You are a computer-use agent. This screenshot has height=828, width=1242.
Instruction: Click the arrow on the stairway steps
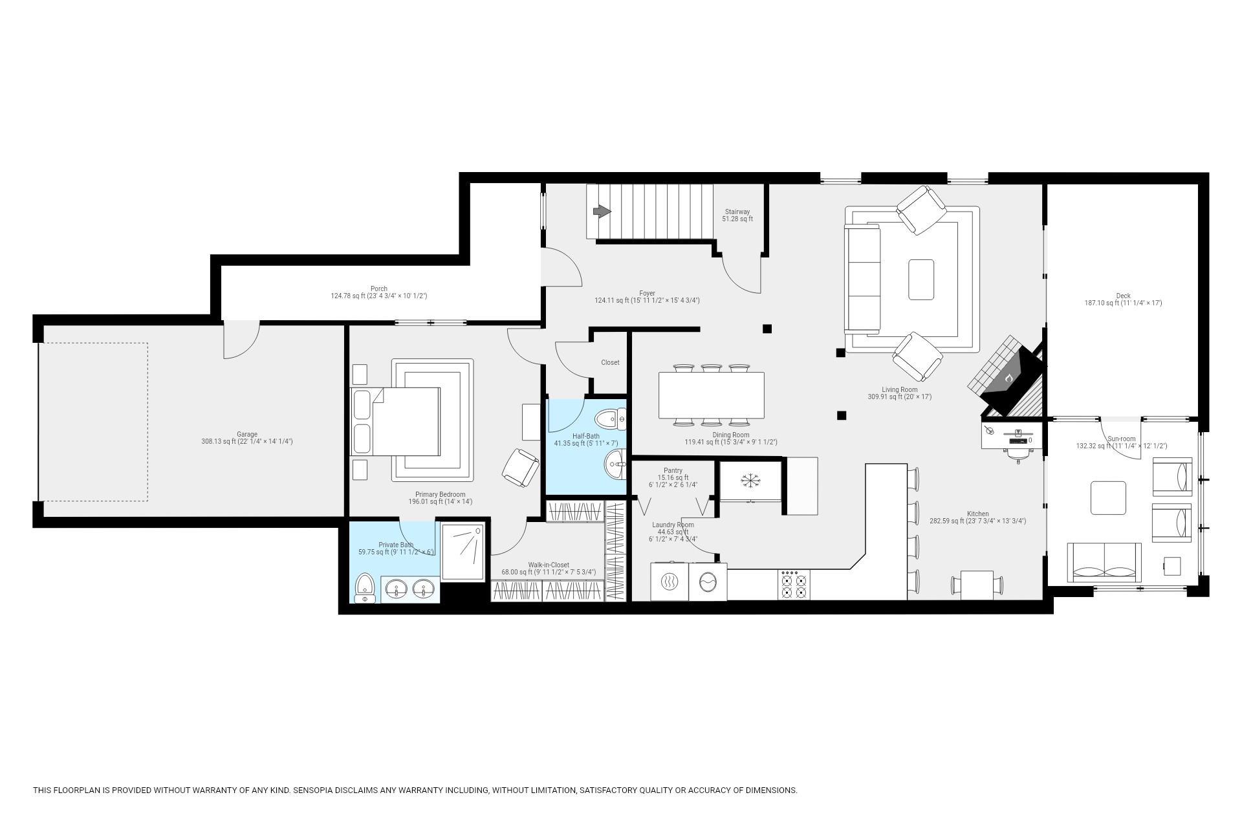(602, 211)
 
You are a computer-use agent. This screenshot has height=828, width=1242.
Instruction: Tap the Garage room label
(246, 435)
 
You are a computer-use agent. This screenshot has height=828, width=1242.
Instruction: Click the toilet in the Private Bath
(365, 587)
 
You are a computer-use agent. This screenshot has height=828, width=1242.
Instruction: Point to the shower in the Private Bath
(463, 552)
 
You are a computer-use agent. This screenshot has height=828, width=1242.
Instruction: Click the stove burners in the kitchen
(793, 585)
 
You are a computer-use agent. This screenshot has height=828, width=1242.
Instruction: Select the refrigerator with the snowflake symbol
(750, 480)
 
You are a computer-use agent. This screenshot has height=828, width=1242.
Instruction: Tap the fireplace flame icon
(1009, 377)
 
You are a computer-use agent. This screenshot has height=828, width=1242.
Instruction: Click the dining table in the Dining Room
(712, 395)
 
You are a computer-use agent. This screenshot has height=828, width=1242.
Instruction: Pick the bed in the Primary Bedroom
(396, 421)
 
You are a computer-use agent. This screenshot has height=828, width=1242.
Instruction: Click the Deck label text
(1123, 296)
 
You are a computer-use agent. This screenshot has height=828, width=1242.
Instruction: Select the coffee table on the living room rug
(921, 279)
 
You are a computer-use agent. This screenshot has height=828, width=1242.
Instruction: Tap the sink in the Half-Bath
(615, 464)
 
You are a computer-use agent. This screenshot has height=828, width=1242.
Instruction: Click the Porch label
(379, 289)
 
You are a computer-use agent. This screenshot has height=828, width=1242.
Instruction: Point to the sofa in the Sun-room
(1104, 562)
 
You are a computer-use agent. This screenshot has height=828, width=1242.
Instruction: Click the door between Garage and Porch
(241, 340)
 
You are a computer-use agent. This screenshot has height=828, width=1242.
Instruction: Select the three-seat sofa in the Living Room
(863, 278)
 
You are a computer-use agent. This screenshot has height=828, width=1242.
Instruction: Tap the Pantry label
(673, 471)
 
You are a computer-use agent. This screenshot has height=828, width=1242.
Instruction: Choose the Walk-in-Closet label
(549, 565)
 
